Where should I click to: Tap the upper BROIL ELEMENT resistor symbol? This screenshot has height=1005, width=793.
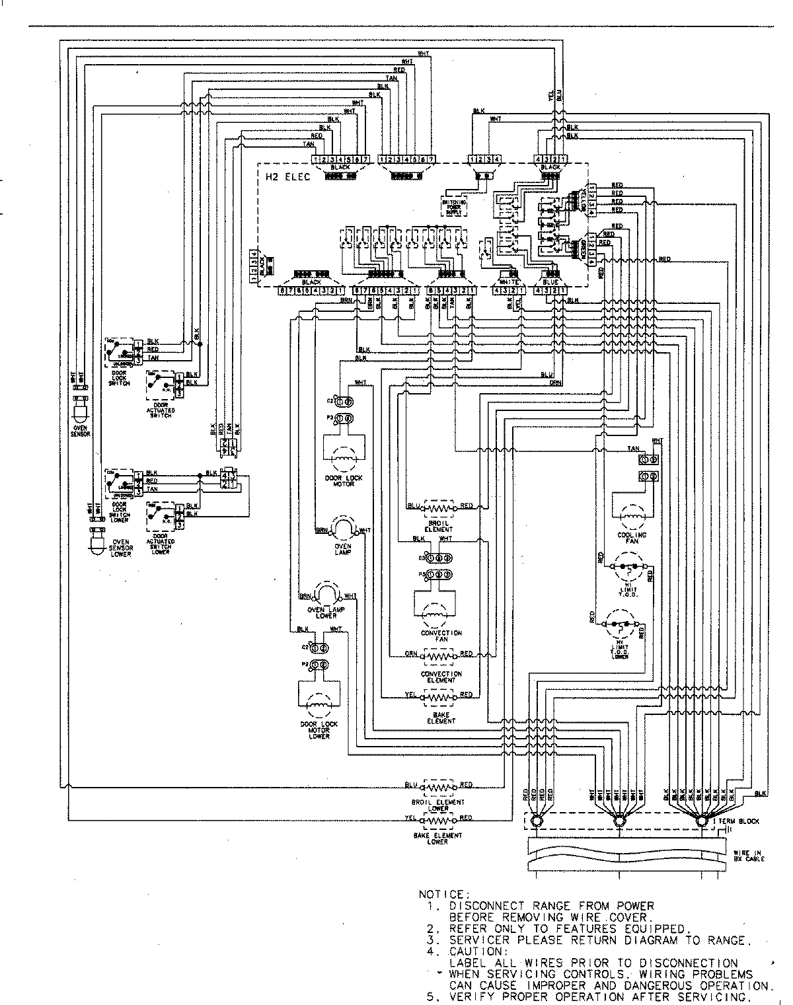coord(439,507)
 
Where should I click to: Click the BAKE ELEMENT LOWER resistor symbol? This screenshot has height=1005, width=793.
coord(439,820)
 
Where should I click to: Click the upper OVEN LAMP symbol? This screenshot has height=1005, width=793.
coord(342,529)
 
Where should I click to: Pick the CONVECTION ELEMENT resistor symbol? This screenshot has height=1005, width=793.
coord(440,656)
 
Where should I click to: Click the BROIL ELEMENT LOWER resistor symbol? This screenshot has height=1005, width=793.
coord(439,788)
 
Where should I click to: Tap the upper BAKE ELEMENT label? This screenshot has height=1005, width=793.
coord(441,718)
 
